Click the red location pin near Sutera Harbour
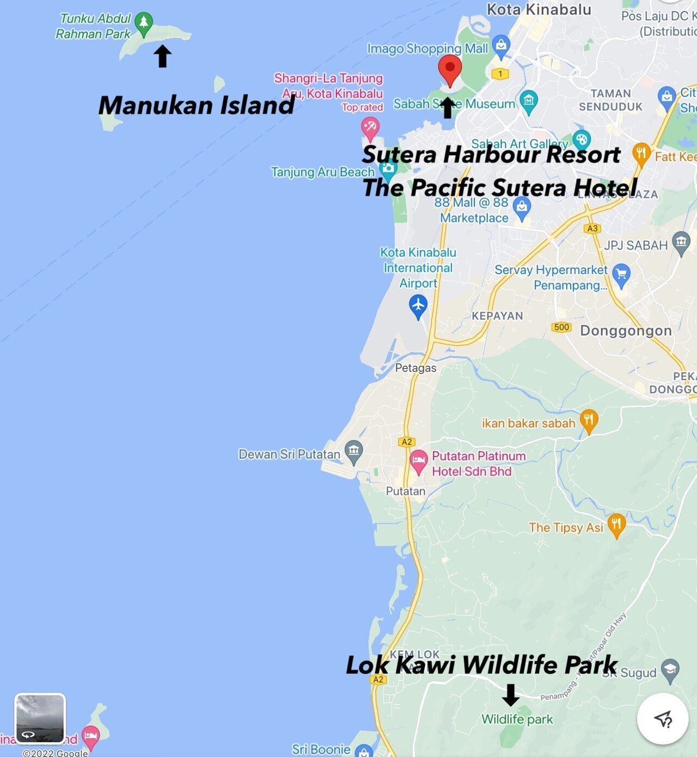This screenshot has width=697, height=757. tap(450, 69)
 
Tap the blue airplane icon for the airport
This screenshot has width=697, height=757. tap(418, 306)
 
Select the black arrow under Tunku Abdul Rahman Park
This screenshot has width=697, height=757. tap(162, 56)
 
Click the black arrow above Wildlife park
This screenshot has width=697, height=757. tap(510, 694)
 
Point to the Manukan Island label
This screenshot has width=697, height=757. tap(197, 105)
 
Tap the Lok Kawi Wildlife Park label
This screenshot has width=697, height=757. tap(481, 665)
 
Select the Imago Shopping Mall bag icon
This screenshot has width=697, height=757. tap(501, 46)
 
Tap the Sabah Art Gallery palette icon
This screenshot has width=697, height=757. tap(582, 139)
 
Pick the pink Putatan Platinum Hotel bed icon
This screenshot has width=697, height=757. tap(418, 461)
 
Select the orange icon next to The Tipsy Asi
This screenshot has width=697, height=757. tap(616, 525)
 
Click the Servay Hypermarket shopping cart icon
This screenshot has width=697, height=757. tap(621, 274)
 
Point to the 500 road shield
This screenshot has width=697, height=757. tap(561, 327)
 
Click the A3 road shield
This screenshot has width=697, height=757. tap(592, 229)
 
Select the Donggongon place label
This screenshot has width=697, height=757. tap(626, 331)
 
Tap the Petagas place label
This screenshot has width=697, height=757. tap(415, 368)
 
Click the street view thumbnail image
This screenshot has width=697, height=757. tap(40, 718)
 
